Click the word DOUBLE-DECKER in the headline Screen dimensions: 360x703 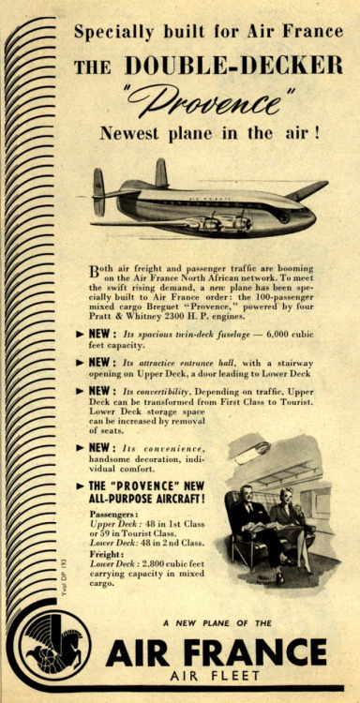pyautogui.click(x=234, y=65)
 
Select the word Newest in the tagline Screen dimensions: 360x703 pyautogui.click(x=132, y=133)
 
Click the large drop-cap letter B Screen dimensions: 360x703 pyautogui.click(x=96, y=271)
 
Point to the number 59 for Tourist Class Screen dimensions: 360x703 pyautogui.click(x=96, y=533)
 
